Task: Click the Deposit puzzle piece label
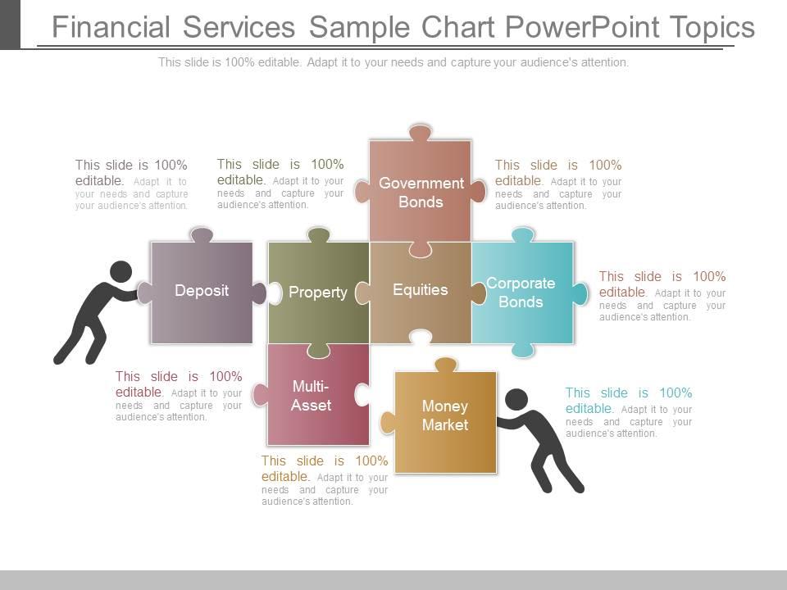tap(202, 290)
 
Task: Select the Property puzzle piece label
tap(318, 292)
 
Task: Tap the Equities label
tap(421, 289)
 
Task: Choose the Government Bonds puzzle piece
tap(421, 191)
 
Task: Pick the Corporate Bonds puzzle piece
tap(522, 293)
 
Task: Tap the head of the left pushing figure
tap(121, 272)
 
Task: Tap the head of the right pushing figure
tap(516, 400)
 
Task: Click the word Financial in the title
tap(111, 27)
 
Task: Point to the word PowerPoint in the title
tap(583, 27)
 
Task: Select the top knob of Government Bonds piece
tap(421, 132)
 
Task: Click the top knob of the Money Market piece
tap(446, 365)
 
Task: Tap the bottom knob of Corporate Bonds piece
tap(522, 350)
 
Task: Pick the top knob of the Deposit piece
tap(202, 235)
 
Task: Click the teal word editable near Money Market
tap(589, 408)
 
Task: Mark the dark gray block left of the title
tap(10, 25)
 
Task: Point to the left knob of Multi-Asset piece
tap(261, 395)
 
